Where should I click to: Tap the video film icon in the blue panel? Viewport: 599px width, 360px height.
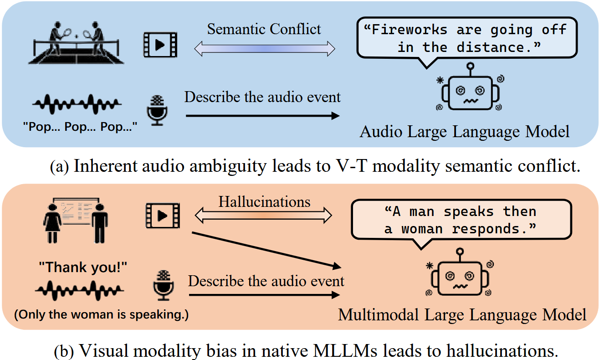[x=160, y=44]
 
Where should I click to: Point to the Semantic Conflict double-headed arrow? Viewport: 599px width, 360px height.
[x=264, y=48]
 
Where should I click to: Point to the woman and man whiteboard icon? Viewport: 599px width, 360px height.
[x=75, y=216]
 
